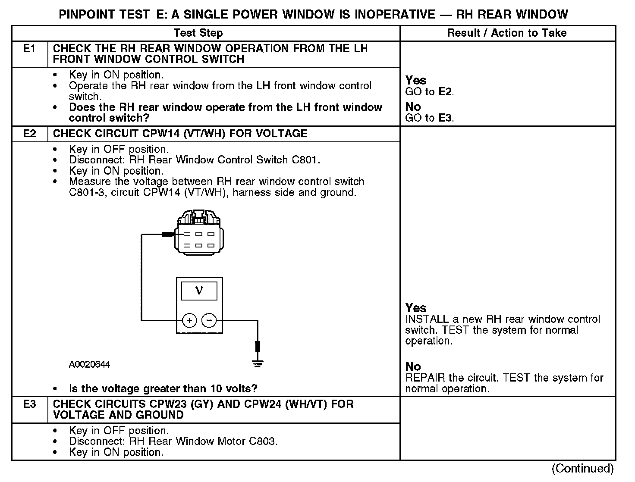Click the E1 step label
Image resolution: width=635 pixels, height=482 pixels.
point(29,49)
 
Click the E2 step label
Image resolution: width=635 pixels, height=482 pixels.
point(29,134)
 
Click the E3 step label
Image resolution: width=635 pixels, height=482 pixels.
point(29,404)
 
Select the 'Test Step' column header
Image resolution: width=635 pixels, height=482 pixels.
point(198,33)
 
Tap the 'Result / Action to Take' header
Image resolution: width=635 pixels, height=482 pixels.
point(506,33)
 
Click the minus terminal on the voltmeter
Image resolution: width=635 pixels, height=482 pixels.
point(209,320)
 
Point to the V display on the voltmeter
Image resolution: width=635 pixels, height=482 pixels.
point(199,291)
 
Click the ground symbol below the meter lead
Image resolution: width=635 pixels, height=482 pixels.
point(258,364)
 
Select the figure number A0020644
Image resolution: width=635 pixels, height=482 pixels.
point(89,365)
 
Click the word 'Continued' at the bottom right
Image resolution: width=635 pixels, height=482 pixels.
point(582,469)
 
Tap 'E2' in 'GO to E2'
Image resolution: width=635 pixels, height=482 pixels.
point(446,91)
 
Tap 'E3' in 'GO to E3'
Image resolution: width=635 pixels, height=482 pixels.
point(446,118)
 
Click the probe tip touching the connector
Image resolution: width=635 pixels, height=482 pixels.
point(169,235)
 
